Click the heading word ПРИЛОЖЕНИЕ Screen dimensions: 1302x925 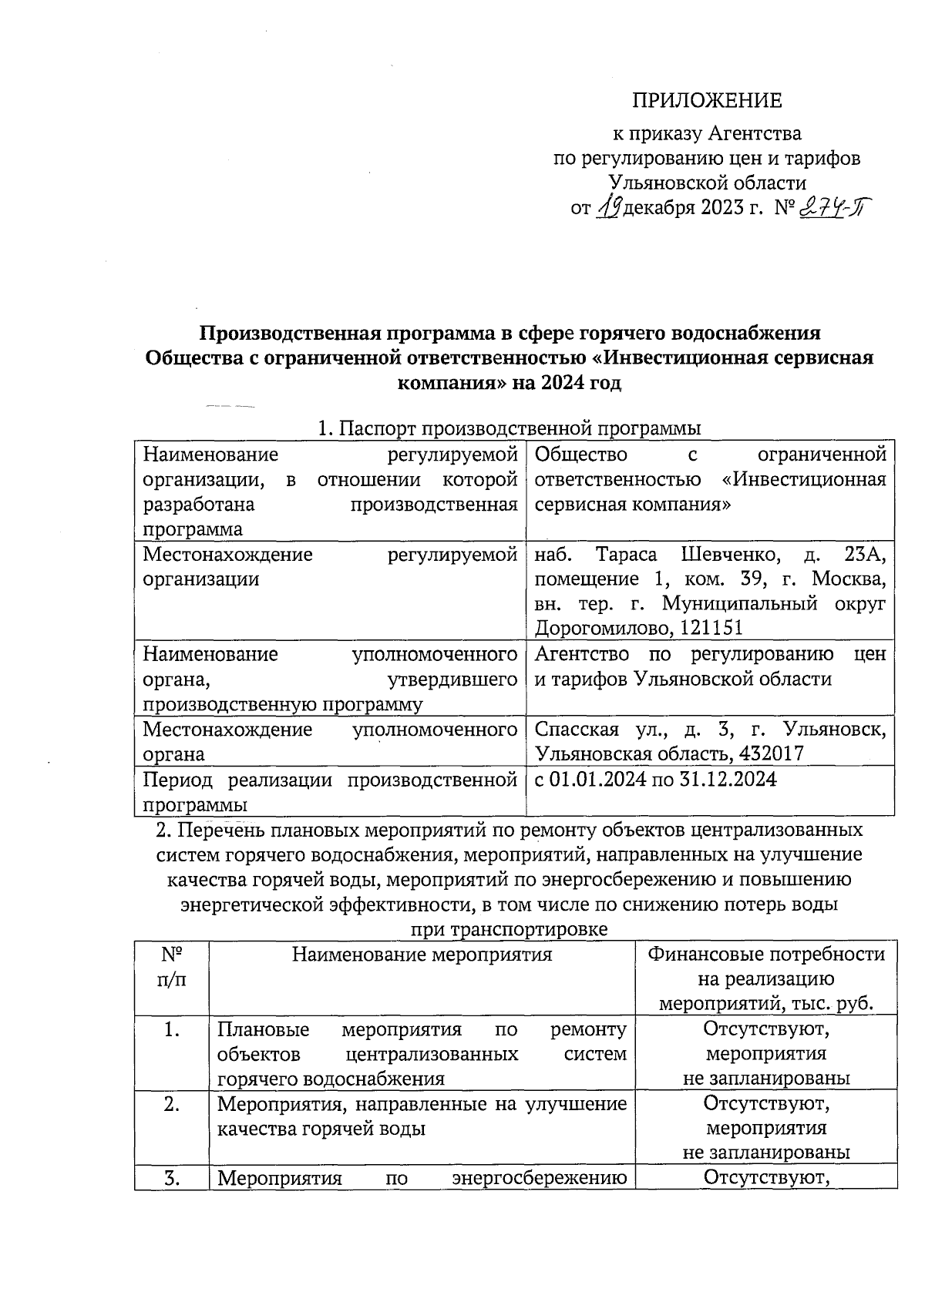pyautogui.click(x=707, y=101)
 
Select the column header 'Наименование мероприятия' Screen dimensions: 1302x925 pyautogui.click(x=422, y=955)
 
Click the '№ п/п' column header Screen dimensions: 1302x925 pyautogui.click(x=172, y=967)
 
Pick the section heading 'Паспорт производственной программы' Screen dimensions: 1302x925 pyautogui.click(x=520, y=429)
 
